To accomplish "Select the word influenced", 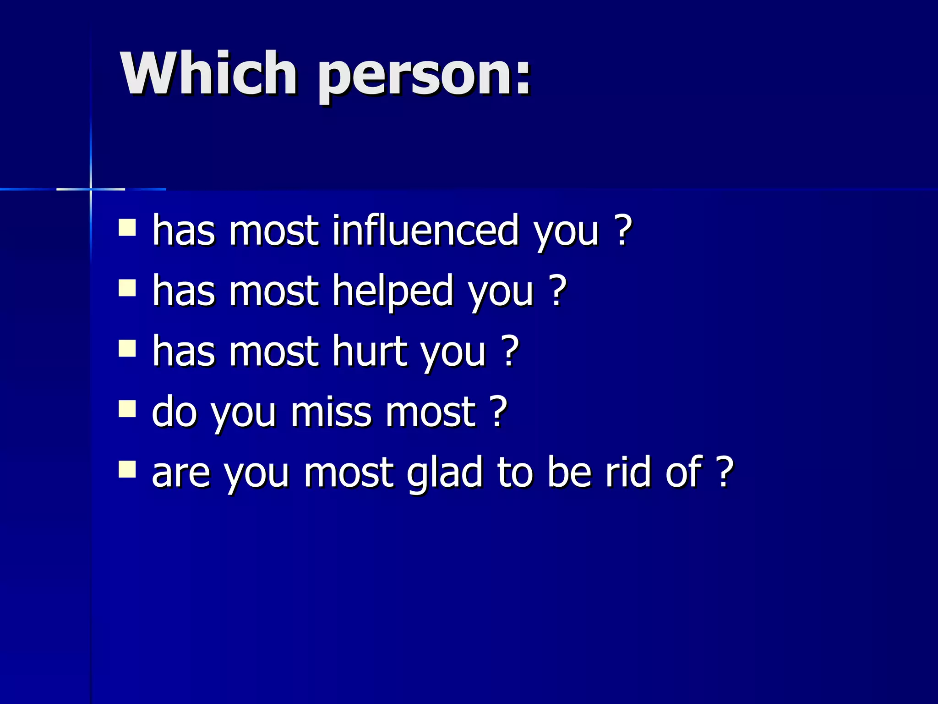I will [x=425, y=230].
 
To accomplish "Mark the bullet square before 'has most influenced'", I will [x=127, y=227].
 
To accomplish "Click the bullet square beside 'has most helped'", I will [x=127, y=288].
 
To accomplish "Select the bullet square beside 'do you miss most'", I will [x=127, y=409].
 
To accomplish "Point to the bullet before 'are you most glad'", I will [x=127, y=469].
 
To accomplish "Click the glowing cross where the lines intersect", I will [x=91, y=189].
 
